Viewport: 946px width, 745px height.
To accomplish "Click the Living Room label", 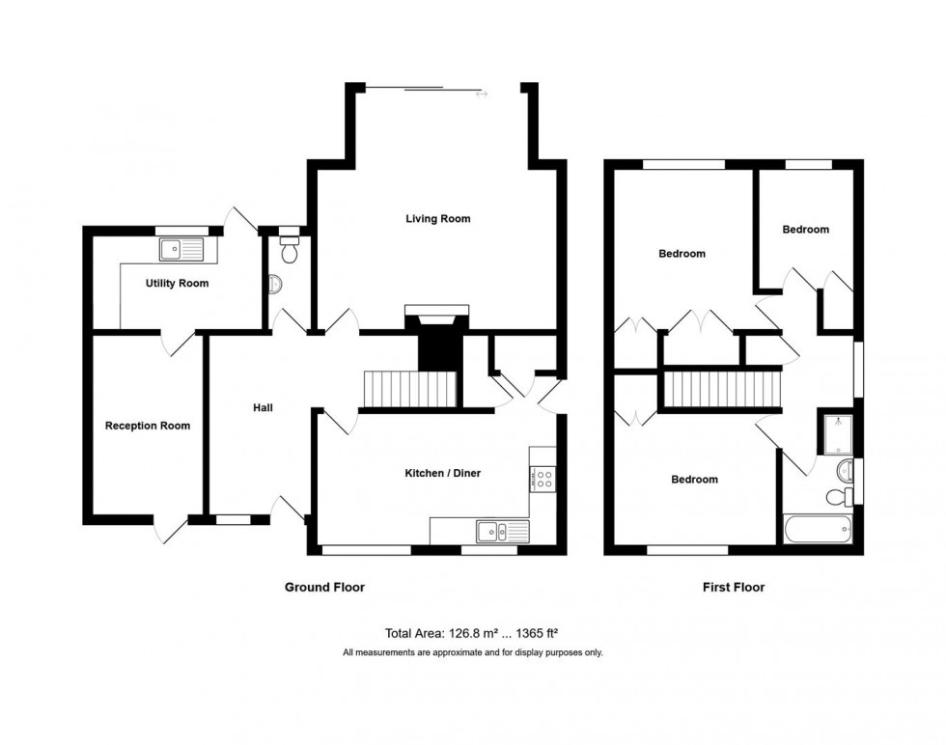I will coord(437,219).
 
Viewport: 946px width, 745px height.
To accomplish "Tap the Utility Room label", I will coord(177,284).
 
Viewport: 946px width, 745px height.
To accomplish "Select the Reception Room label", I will coord(148,426).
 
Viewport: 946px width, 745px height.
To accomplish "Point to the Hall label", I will coord(262,408).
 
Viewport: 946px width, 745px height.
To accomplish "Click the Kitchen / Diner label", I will coord(441,474).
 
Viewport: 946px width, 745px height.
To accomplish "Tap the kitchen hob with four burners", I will coord(541,476).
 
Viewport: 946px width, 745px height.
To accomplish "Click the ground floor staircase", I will coord(407,389).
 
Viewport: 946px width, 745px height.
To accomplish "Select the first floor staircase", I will coord(721,389).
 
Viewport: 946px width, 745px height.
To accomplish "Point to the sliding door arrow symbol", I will coord(482,94).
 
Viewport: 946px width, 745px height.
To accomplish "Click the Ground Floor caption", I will coord(324,587).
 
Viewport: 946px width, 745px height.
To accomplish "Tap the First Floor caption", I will coord(734,587).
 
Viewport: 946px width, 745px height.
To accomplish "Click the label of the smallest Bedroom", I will coord(805,230).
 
